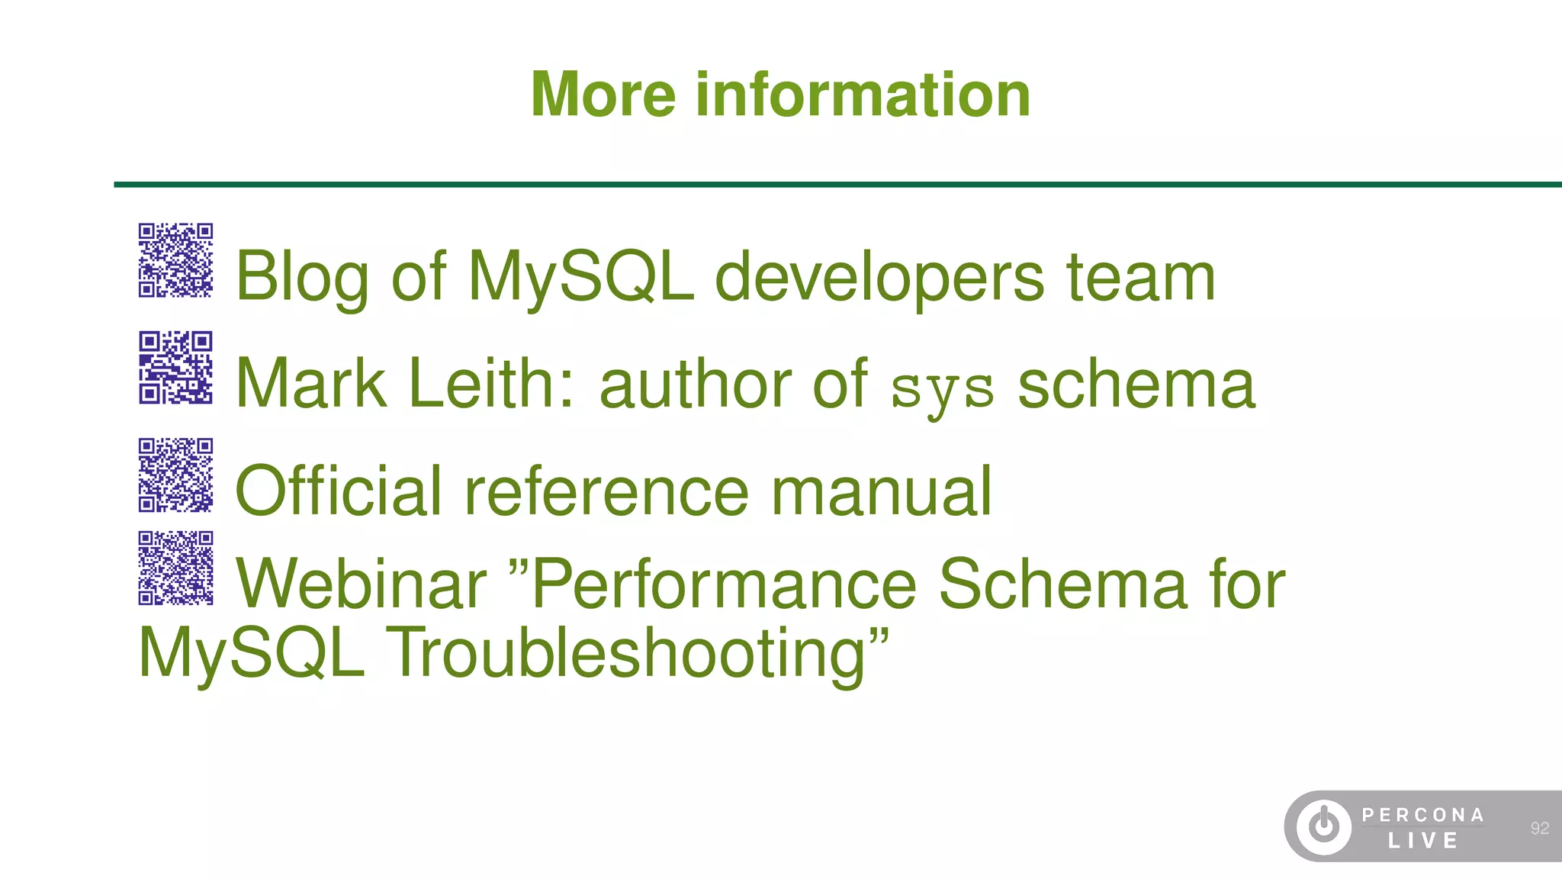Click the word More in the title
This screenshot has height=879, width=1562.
(603, 95)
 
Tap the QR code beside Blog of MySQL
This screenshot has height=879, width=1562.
(175, 260)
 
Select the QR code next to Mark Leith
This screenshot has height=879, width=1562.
(175, 368)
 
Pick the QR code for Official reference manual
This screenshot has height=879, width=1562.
(175, 475)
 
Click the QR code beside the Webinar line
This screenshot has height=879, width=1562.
(175, 568)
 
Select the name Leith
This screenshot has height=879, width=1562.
(493, 384)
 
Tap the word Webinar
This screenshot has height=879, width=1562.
(362, 584)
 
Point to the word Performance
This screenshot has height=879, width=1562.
(724, 584)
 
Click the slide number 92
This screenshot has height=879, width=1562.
(1539, 828)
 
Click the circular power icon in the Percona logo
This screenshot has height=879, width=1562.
(1324, 826)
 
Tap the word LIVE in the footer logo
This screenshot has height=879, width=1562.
(1423, 841)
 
